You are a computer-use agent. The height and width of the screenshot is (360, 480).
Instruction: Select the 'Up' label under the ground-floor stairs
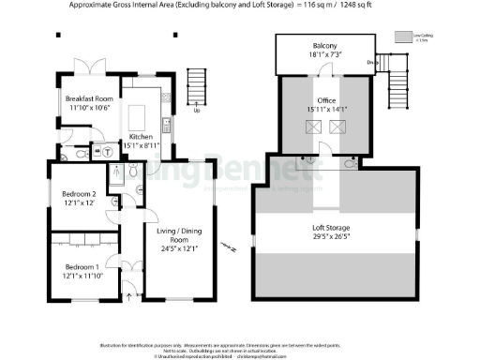pos(196,110)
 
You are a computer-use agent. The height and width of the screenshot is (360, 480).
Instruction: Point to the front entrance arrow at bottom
pos(128,299)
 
